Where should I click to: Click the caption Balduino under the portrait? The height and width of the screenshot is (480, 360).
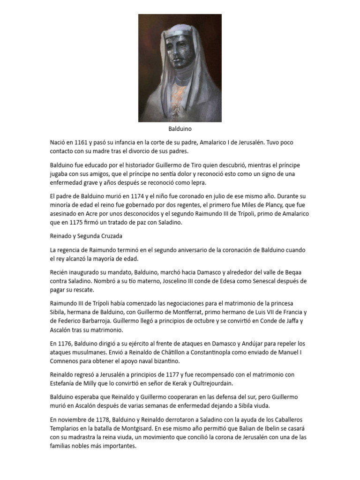(180, 128)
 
